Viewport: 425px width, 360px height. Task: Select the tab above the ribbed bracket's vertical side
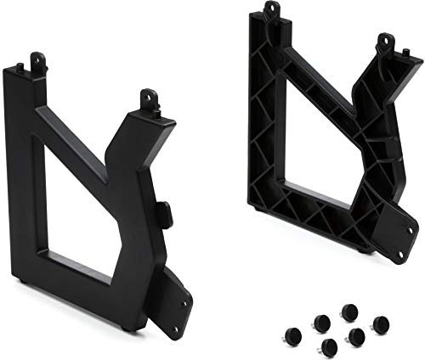tap(271, 10)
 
